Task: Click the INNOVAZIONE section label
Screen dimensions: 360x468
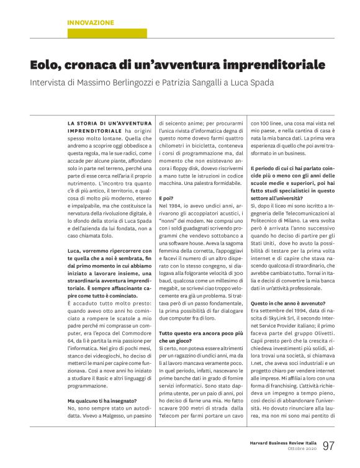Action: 91,22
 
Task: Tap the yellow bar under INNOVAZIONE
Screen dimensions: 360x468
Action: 107,34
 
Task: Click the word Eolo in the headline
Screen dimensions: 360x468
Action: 49,65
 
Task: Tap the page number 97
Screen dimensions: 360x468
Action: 328,445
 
